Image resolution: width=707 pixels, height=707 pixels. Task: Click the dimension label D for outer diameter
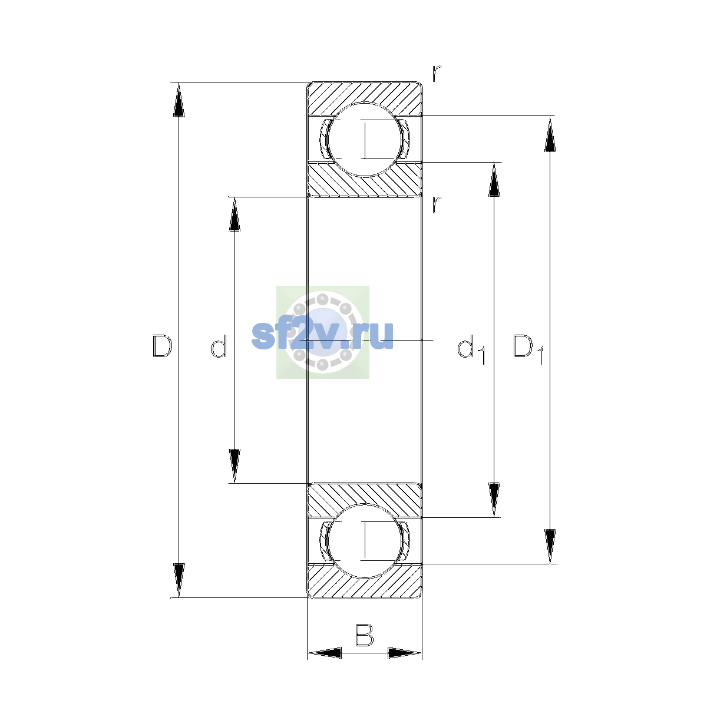(x=162, y=346)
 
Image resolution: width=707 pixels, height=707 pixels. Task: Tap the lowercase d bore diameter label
(x=219, y=346)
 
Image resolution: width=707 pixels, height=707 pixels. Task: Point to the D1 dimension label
(x=528, y=349)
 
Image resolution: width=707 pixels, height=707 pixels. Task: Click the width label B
(x=364, y=635)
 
